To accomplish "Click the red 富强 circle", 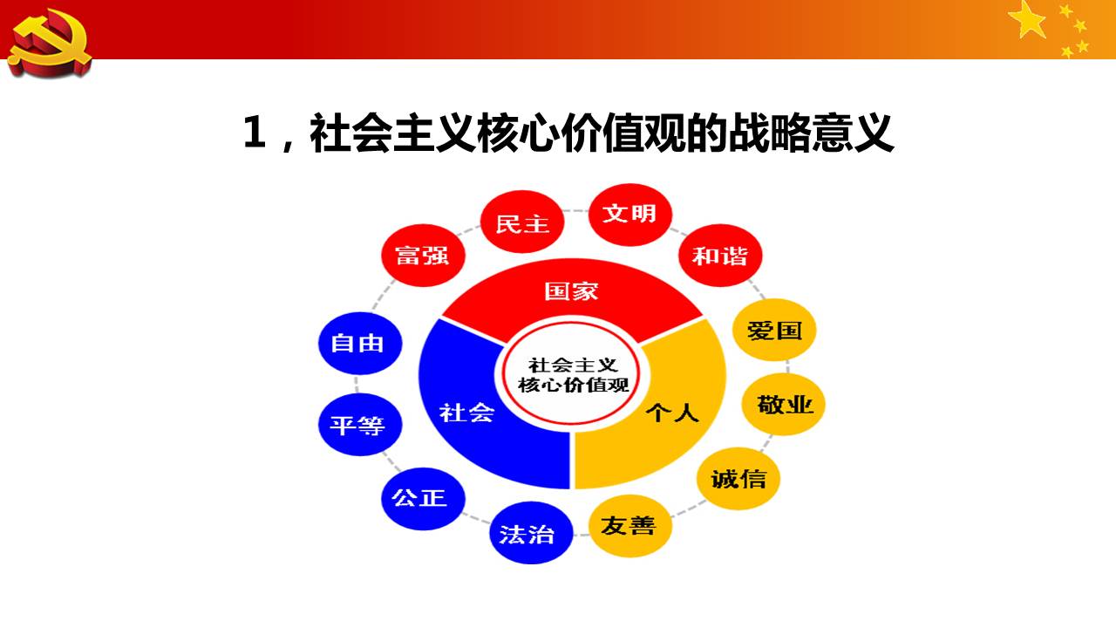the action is click(423, 256).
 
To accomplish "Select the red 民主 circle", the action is click(522, 222).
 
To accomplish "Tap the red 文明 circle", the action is click(630, 215).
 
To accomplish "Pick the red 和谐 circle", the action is click(720, 256).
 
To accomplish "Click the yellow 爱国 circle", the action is click(774, 330).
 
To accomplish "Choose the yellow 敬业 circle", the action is click(783, 404).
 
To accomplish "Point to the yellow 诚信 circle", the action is click(738, 479).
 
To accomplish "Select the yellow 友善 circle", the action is click(630, 525).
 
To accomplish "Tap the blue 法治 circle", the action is click(531, 533).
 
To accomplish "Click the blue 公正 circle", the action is click(423, 498).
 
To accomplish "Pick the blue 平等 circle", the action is click(360, 424).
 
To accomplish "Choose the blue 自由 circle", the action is click(360, 343).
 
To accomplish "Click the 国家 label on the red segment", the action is click(571, 291).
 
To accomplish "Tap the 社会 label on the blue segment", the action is click(466, 413).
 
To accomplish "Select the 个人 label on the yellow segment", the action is click(672, 413).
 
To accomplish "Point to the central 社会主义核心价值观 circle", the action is click(572, 374).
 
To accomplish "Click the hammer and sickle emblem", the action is click(50, 44).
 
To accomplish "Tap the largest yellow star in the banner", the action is click(1027, 20).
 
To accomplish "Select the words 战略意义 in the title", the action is click(811, 133).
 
